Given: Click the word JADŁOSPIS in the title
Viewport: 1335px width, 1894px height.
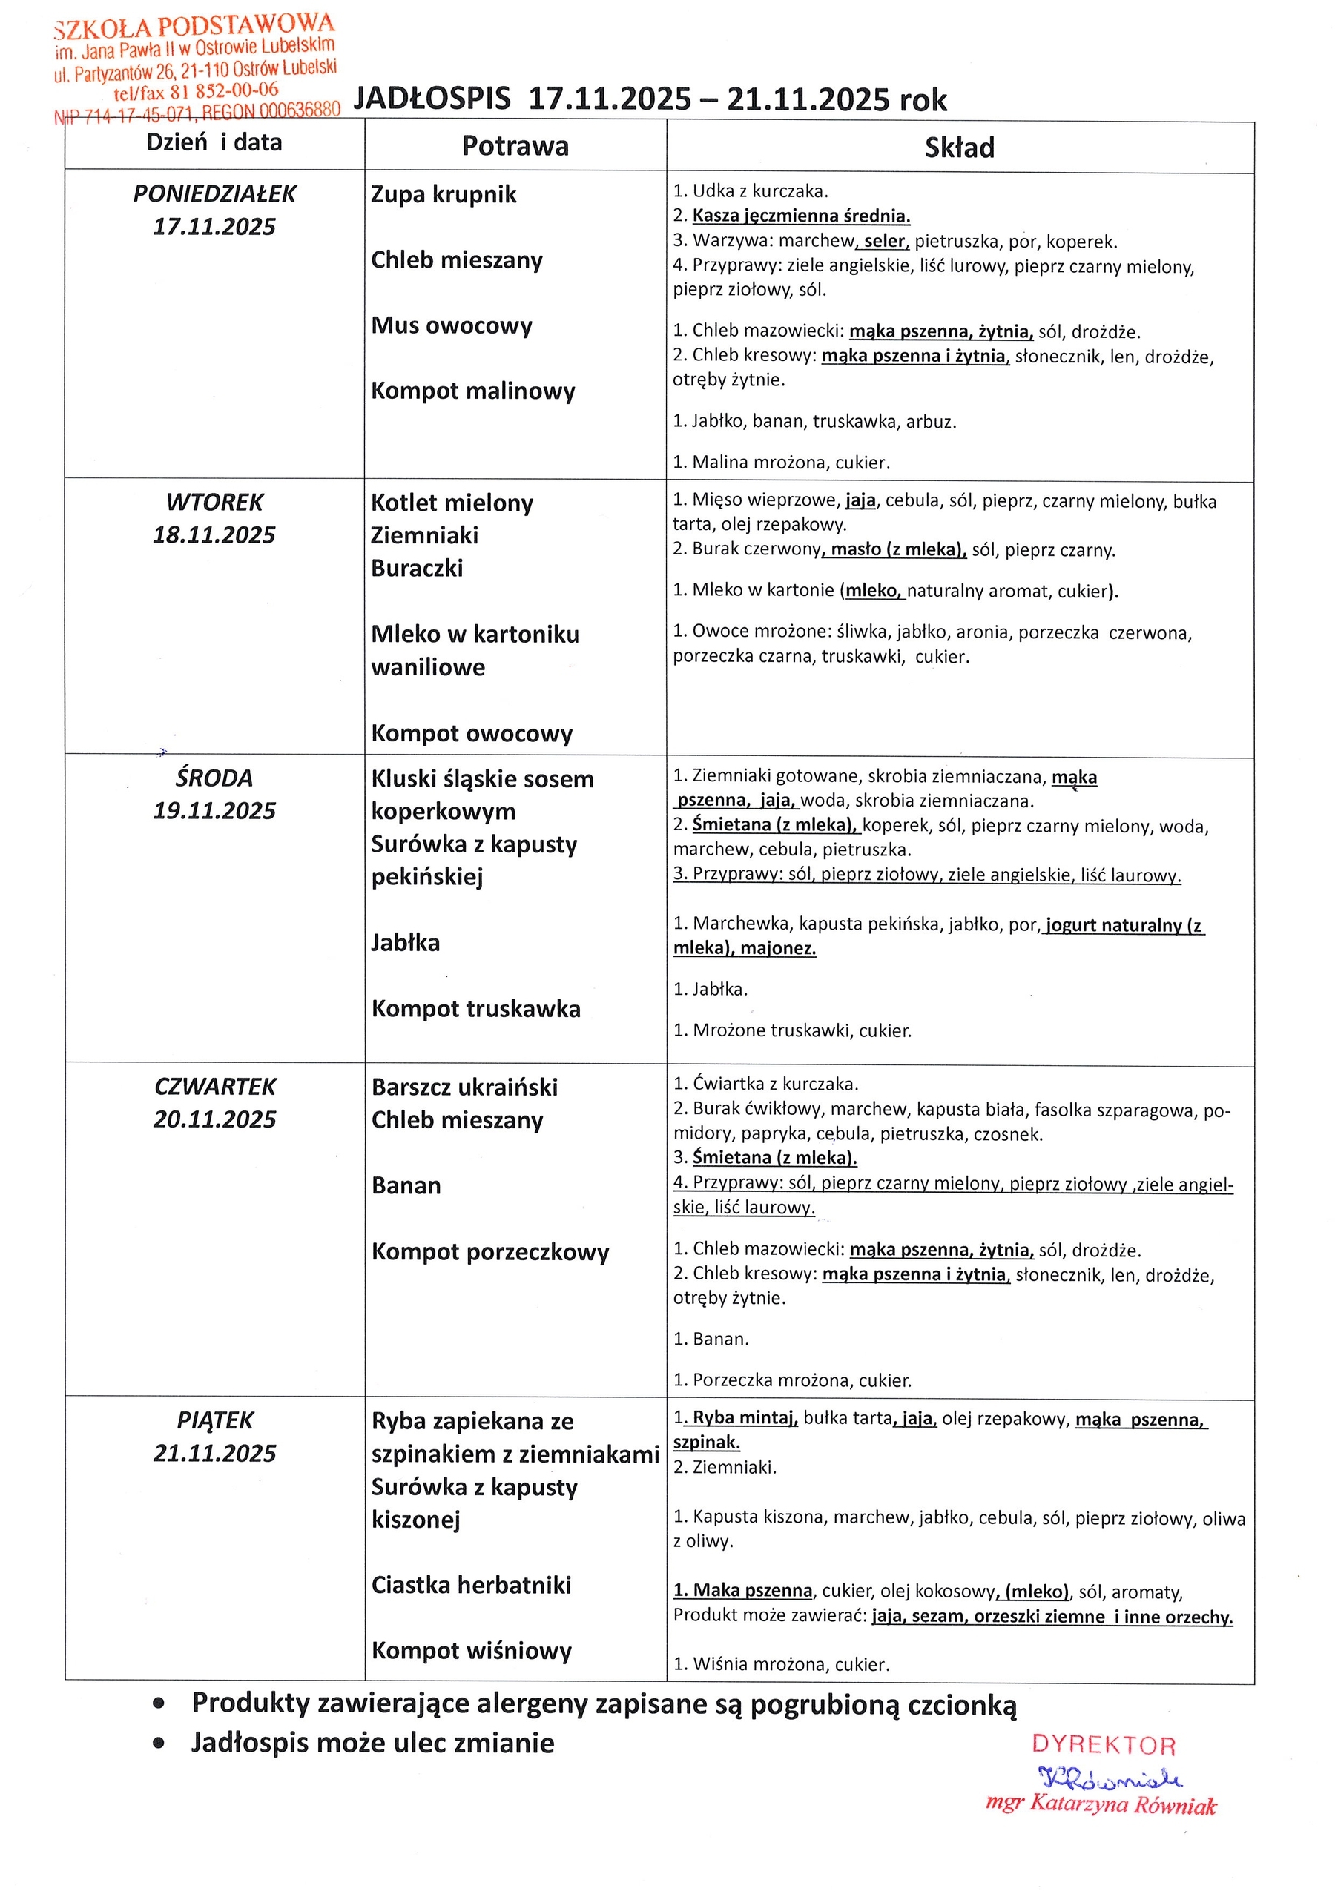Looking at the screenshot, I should click(x=432, y=99).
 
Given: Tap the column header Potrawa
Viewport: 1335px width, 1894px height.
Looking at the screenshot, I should click(x=515, y=146).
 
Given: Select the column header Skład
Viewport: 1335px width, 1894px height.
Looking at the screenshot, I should click(x=959, y=148).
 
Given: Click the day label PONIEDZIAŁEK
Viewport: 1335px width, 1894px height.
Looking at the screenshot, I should click(x=214, y=194).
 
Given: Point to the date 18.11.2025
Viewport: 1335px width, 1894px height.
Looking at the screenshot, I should click(x=214, y=535).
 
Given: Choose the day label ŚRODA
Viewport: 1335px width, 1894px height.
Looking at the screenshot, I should click(x=214, y=778).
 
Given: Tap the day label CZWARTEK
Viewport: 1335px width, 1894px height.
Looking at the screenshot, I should click(x=215, y=1087).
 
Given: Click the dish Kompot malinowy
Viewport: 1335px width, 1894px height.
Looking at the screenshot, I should click(x=472, y=390).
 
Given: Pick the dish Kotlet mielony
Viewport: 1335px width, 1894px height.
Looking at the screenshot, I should click(x=452, y=503).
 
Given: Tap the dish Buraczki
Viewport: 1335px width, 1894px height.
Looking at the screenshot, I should click(x=417, y=569).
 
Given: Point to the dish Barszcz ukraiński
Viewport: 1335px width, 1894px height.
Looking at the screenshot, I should click(x=464, y=1087).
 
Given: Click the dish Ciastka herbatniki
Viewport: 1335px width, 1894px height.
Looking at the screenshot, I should click(x=471, y=1585).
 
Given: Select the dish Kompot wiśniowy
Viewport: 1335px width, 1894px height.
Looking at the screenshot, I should click(x=471, y=1651).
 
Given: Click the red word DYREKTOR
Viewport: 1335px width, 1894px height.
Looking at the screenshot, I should click(x=1103, y=1745).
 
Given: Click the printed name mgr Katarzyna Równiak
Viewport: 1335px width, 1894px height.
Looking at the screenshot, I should click(x=1101, y=1804).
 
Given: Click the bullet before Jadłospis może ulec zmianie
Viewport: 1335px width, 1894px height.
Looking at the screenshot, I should click(x=159, y=1744).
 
